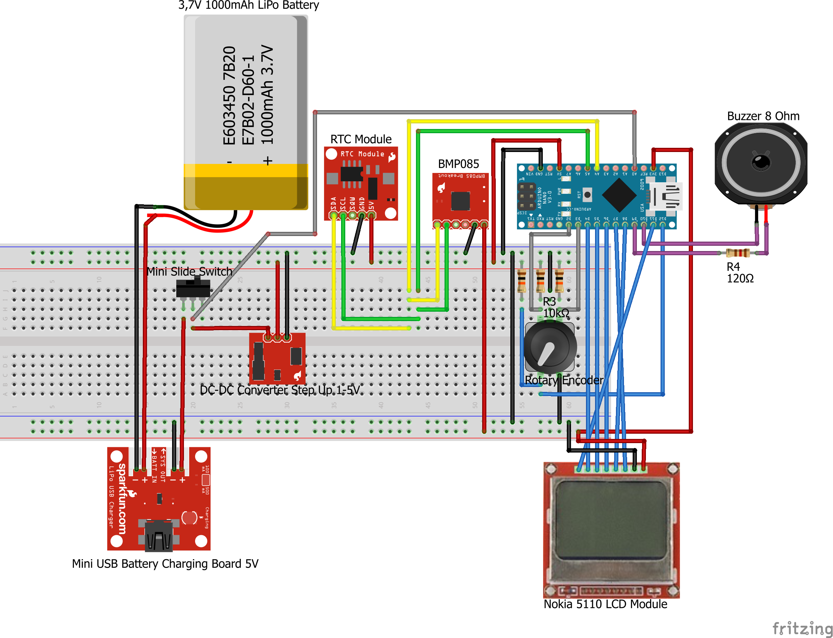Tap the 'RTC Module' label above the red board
(x=361, y=139)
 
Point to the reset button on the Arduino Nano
(x=587, y=195)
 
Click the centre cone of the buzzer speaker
(x=761, y=162)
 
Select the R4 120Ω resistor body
(x=737, y=253)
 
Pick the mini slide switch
(x=193, y=289)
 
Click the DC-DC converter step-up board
(x=277, y=359)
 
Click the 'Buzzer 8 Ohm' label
(x=763, y=116)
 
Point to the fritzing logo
(x=802, y=628)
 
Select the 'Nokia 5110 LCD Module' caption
(x=605, y=604)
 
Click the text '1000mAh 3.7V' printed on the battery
(x=268, y=95)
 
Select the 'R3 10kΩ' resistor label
(x=555, y=307)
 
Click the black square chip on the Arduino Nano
(x=619, y=195)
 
